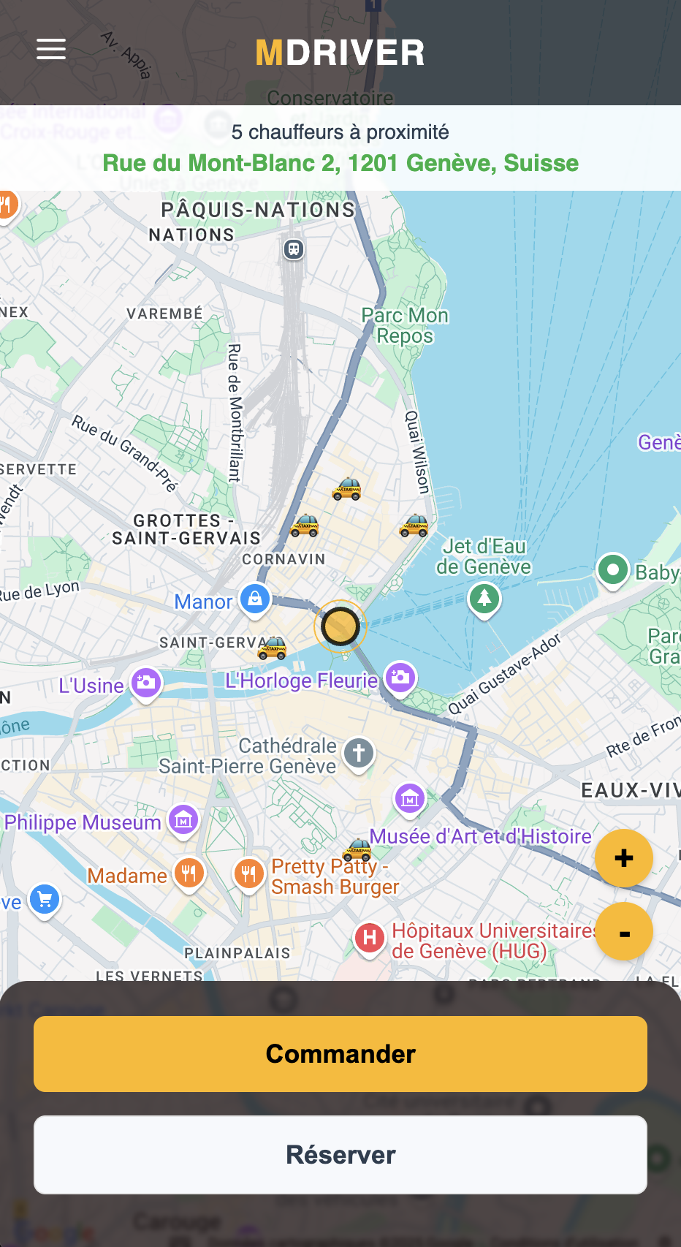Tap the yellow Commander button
pyautogui.click(x=340, y=1053)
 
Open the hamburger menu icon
pyautogui.click(x=51, y=50)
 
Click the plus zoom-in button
pyautogui.click(x=623, y=858)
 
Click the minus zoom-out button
pyautogui.click(x=623, y=933)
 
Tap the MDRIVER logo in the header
pyautogui.click(x=340, y=53)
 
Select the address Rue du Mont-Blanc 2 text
pyautogui.click(x=340, y=162)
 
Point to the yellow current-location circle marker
pyautogui.click(x=340, y=626)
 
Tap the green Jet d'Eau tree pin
pyautogui.click(x=484, y=599)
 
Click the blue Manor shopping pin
pyautogui.click(x=255, y=599)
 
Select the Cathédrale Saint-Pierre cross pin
pyautogui.click(x=358, y=752)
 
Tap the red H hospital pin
pyautogui.click(x=370, y=938)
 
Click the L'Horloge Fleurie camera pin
pyautogui.click(x=400, y=677)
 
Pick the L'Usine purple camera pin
pyautogui.click(x=145, y=683)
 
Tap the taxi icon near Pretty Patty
pyautogui.click(x=359, y=849)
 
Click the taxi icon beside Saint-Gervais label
pyautogui.click(x=273, y=648)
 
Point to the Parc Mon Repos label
pyautogui.click(x=405, y=325)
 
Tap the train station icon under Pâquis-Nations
pyautogui.click(x=294, y=249)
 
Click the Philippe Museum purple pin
pyautogui.click(x=183, y=820)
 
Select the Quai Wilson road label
pyautogui.click(x=417, y=451)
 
